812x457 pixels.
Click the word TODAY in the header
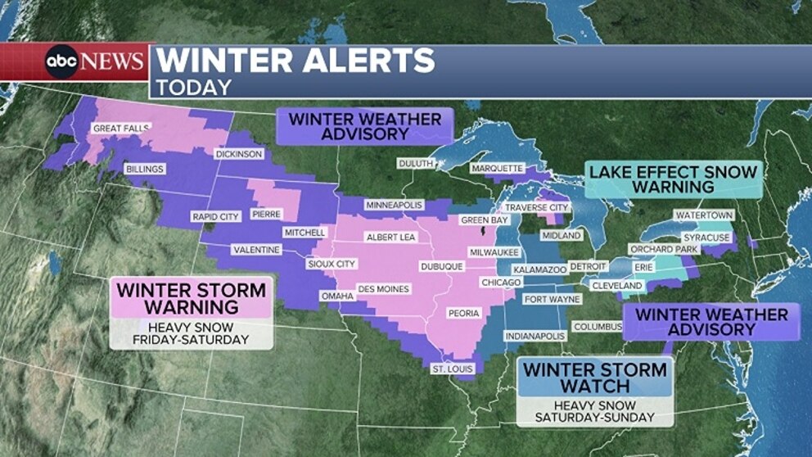[194, 87]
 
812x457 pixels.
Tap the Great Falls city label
[120, 129]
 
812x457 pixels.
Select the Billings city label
[145, 170]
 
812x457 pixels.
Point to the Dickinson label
[239, 154]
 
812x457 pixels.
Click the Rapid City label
[214, 216]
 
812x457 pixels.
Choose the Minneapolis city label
[394, 204]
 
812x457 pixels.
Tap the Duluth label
[416, 164]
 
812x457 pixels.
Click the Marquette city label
[497, 169]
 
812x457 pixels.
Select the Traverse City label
[536, 208]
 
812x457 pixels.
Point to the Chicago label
[501, 283]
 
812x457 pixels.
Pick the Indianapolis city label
[535, 336]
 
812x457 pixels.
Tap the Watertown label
[703, 215]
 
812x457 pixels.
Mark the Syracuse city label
[706, 238]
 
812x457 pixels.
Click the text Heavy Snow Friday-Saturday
[192, 333]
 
